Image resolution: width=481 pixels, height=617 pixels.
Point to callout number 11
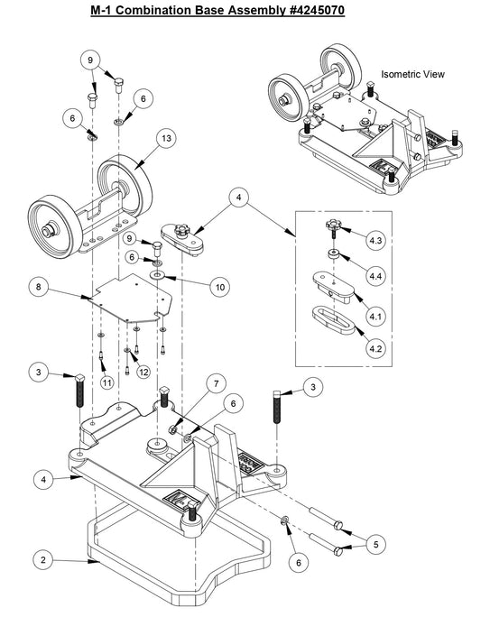106,383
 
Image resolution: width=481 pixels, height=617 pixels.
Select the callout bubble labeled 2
41,559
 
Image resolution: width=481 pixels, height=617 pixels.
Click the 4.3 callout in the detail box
375,241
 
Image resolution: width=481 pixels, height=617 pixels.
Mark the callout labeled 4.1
375,317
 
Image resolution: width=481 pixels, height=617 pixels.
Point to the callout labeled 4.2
375,346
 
